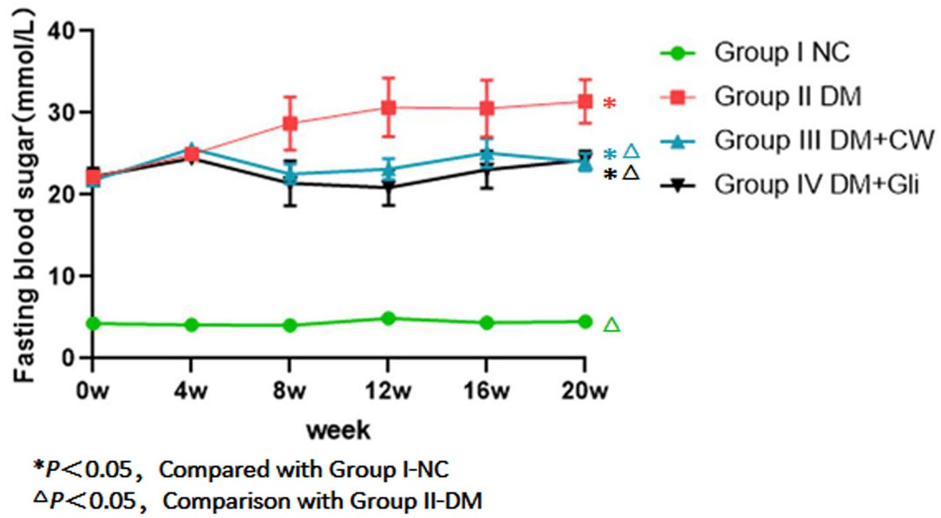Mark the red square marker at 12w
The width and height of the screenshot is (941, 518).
click(x=388, y=107)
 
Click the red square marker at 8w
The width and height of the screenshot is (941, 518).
click(x=289, y=123)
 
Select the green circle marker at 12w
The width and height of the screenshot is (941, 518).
click(x=388, y=318)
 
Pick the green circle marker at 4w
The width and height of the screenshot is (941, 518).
click(x=192, y=325)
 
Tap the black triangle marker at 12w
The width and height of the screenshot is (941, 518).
click(x=388, y=188)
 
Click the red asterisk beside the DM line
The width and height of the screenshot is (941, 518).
click(x=609, y=103)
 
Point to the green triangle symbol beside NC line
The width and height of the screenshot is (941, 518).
click(x=612, y=325)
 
